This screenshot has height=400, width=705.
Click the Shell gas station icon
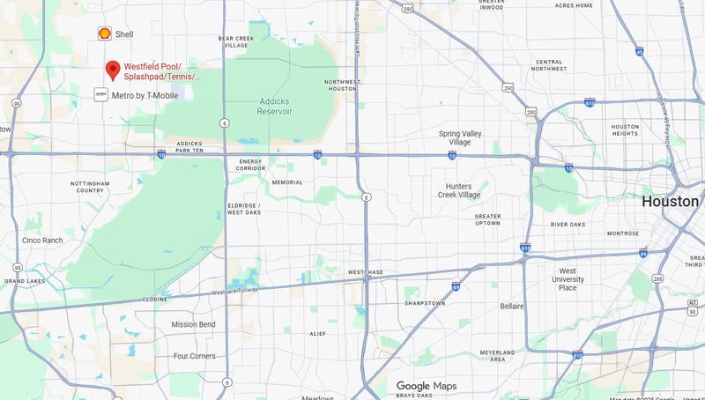pyautogui.click(x=104, y=33)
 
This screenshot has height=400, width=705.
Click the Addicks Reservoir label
pyautogui.click(x=280, y=107)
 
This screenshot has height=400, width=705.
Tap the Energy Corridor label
pyautogui.click(x=251, y=166)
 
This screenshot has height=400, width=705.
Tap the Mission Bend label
pyautogui.click(x=193, y=324)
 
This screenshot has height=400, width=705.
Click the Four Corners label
pyautogui.click(x=195, y=356)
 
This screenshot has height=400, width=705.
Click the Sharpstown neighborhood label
pyautogui.click(x=426, y=302)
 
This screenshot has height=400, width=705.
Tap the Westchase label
pyautogui.click(x=366, y=272)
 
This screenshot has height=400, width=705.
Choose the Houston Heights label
pyautogui.click(x=625, y=130)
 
